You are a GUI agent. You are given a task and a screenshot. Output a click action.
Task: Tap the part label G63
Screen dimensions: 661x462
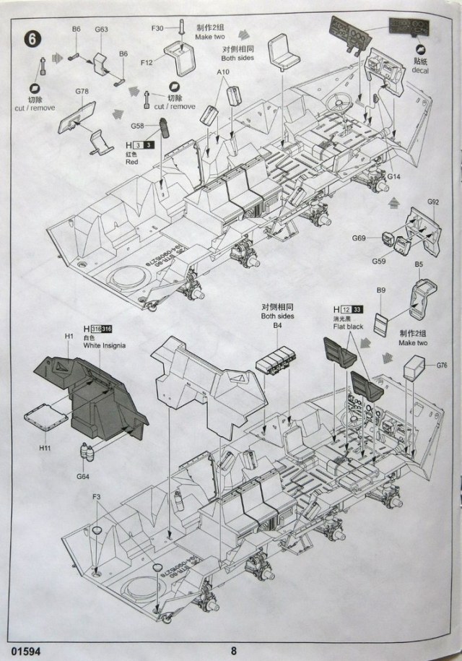coord(101,30)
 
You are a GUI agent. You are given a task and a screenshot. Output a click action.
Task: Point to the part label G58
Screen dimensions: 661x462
coord(138,126)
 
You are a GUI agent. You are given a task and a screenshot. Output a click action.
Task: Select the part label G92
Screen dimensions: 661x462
coord(433,203)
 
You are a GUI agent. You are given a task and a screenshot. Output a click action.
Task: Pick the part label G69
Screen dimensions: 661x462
coord(359,238)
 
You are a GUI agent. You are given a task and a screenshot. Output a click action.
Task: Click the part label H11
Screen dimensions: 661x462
coord(45,448)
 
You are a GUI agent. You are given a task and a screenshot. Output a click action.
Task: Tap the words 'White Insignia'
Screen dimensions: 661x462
coord(105,346)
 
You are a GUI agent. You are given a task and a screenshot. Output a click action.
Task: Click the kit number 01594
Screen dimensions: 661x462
coord(26,648)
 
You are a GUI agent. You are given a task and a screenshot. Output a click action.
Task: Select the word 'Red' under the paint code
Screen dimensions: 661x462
coord(131,163)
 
